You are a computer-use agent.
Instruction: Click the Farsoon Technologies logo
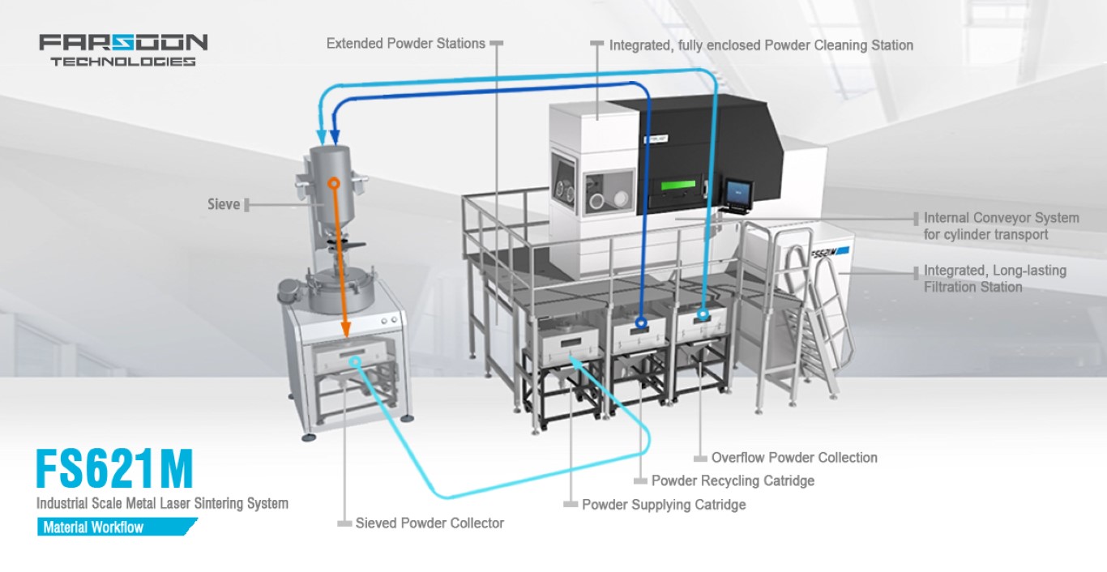click(123, 49)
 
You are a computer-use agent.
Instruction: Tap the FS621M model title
click(114, 468)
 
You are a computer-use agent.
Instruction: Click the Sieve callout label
click(224, 204)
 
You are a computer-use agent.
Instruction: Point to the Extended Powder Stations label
click(405, 44)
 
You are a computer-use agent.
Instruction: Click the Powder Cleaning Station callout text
click(761, 45)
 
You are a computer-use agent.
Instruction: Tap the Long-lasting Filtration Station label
click(994, 278)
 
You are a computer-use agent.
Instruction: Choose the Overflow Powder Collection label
click(793, 458)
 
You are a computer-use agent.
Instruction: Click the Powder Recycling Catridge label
click(733, 480)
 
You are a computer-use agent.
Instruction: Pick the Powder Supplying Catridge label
click(663, 504)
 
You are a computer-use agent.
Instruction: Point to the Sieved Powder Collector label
click(430, 523)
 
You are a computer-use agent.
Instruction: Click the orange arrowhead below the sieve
click(345, 328)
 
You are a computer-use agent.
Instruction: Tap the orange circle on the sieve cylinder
click(332, 183)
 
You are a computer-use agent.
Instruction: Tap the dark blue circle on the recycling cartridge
click(641, 322)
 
